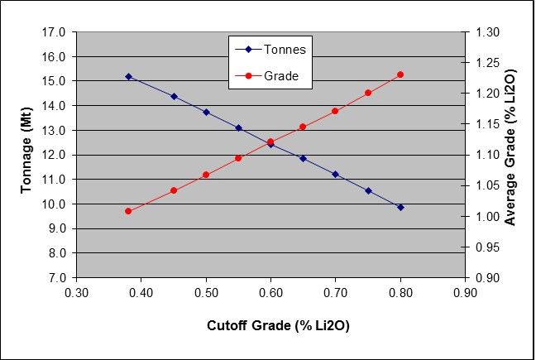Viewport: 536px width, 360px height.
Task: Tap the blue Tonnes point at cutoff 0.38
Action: (x=128, y=76)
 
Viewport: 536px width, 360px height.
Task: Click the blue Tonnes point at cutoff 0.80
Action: (x=400, y=207)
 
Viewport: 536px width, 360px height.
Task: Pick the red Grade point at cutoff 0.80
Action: (x=400, y=74)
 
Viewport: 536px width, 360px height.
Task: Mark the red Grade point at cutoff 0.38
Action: (x=128, y=211)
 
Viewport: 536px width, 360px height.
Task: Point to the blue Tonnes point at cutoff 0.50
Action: (x=206, y=112)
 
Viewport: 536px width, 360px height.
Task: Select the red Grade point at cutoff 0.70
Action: (x=335, y=111)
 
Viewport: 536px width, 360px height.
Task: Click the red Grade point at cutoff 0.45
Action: (x=174, y=190)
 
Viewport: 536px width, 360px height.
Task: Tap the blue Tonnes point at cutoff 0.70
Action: (x=335, y=174)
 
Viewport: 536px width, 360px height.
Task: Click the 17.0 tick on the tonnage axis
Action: (x=55, y=32)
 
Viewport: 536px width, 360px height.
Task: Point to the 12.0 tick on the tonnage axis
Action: (x=55, y=155)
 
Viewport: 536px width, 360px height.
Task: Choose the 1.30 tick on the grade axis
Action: (x=488, y=32)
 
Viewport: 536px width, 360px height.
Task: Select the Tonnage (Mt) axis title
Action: (x=26, y=154)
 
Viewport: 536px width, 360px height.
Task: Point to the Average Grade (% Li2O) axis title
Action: (x=510, y=155)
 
